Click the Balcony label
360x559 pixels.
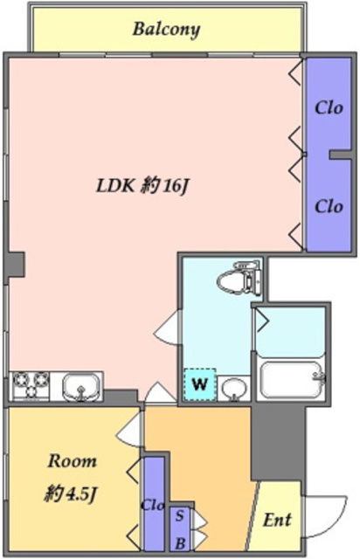(166, 29)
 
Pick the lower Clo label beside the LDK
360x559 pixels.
(328, 206)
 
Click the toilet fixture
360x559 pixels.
(239, 279)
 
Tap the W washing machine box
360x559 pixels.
(199, 383)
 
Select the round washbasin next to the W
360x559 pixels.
(232, 387)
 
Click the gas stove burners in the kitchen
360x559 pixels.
(30, 384)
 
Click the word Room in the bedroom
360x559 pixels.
(72, 461)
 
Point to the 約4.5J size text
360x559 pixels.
(73, 494)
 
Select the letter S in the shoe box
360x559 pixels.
(181, 514)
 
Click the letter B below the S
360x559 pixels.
(181, 534)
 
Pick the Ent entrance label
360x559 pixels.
(277, 520)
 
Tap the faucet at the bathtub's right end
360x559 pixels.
(318, 377)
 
